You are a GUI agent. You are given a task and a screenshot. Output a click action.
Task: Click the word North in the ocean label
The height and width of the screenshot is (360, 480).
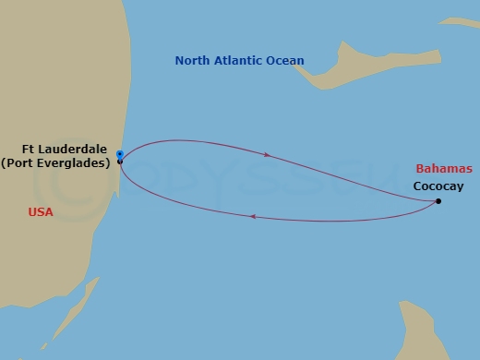click(193, 62)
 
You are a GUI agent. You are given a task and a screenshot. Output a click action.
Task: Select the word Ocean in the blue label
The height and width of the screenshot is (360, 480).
click(285, 62)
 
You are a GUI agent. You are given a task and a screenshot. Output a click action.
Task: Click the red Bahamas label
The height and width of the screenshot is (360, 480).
click(444, 169)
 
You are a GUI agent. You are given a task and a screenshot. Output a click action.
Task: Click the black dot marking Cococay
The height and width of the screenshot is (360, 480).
click(438, 201)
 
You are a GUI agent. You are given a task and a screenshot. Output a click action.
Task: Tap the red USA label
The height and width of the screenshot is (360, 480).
click(41, 211)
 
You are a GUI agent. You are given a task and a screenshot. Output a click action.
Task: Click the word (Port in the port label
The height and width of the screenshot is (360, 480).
click(18, 162)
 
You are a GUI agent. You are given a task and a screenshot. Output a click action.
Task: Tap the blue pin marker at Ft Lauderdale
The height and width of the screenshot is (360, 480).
click(120, 154)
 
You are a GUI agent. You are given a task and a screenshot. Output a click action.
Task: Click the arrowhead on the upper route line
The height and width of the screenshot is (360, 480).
click(268, 155)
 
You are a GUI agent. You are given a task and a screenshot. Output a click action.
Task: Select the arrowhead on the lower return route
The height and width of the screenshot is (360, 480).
click(252, 218)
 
